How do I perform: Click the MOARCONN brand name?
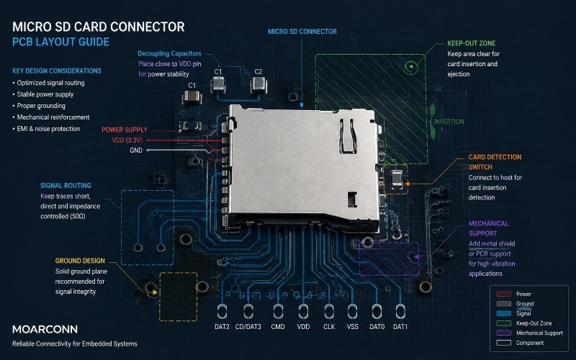point(45,329)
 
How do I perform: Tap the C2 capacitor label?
point(258,71)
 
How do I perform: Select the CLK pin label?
point(329,327)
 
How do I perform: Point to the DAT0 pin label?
point(377,327)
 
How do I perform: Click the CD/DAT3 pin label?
point(248,327)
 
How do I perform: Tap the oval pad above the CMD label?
point(278,311)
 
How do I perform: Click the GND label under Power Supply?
point(136,150)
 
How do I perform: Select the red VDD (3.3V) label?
point(127,140)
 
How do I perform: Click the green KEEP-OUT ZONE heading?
point(472,43)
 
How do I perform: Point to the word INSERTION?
point(449,122)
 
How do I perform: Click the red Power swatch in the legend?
point(503,294)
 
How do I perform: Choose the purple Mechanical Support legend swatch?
point(503,333)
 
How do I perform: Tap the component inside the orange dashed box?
point(397,179)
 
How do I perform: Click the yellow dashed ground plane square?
point(178,297)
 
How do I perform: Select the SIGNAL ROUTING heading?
point(66,186)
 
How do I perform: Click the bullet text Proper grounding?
point(41,106)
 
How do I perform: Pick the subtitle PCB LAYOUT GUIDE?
point(60,42)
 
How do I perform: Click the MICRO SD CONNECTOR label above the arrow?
point(302,32)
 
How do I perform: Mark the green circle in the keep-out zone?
point(411,66)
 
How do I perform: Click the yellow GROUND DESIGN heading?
point(80,261)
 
